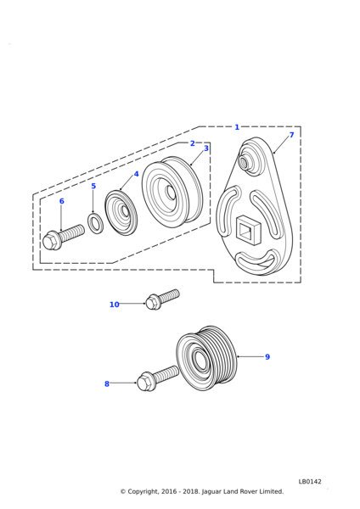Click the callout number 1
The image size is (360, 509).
[237, 127]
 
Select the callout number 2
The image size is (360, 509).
[193, 143]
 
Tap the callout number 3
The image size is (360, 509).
[206, 148]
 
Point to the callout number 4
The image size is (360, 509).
[136, 174]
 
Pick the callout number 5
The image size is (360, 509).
[93, 186]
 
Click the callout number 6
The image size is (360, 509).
[62, 201]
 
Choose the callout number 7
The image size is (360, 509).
[291, 135]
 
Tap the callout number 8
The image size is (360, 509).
[107, 384]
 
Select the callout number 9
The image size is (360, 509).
[267, 357]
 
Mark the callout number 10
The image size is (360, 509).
[115, 305]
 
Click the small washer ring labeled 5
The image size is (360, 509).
[95, 222]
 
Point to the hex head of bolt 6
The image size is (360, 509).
[50, 241]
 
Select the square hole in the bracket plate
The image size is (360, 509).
[248, 229]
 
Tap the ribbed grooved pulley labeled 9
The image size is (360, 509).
[208, 358]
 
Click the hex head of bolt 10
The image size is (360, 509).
[152, 302]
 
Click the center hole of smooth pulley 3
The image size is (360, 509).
[170, 193]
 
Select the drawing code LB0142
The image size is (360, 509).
[310, 481]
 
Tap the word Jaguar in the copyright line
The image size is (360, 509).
[212, 492]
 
